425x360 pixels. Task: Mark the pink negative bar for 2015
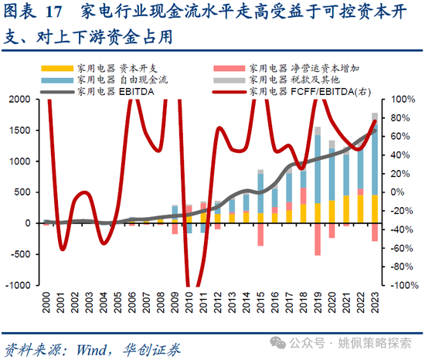260,235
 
